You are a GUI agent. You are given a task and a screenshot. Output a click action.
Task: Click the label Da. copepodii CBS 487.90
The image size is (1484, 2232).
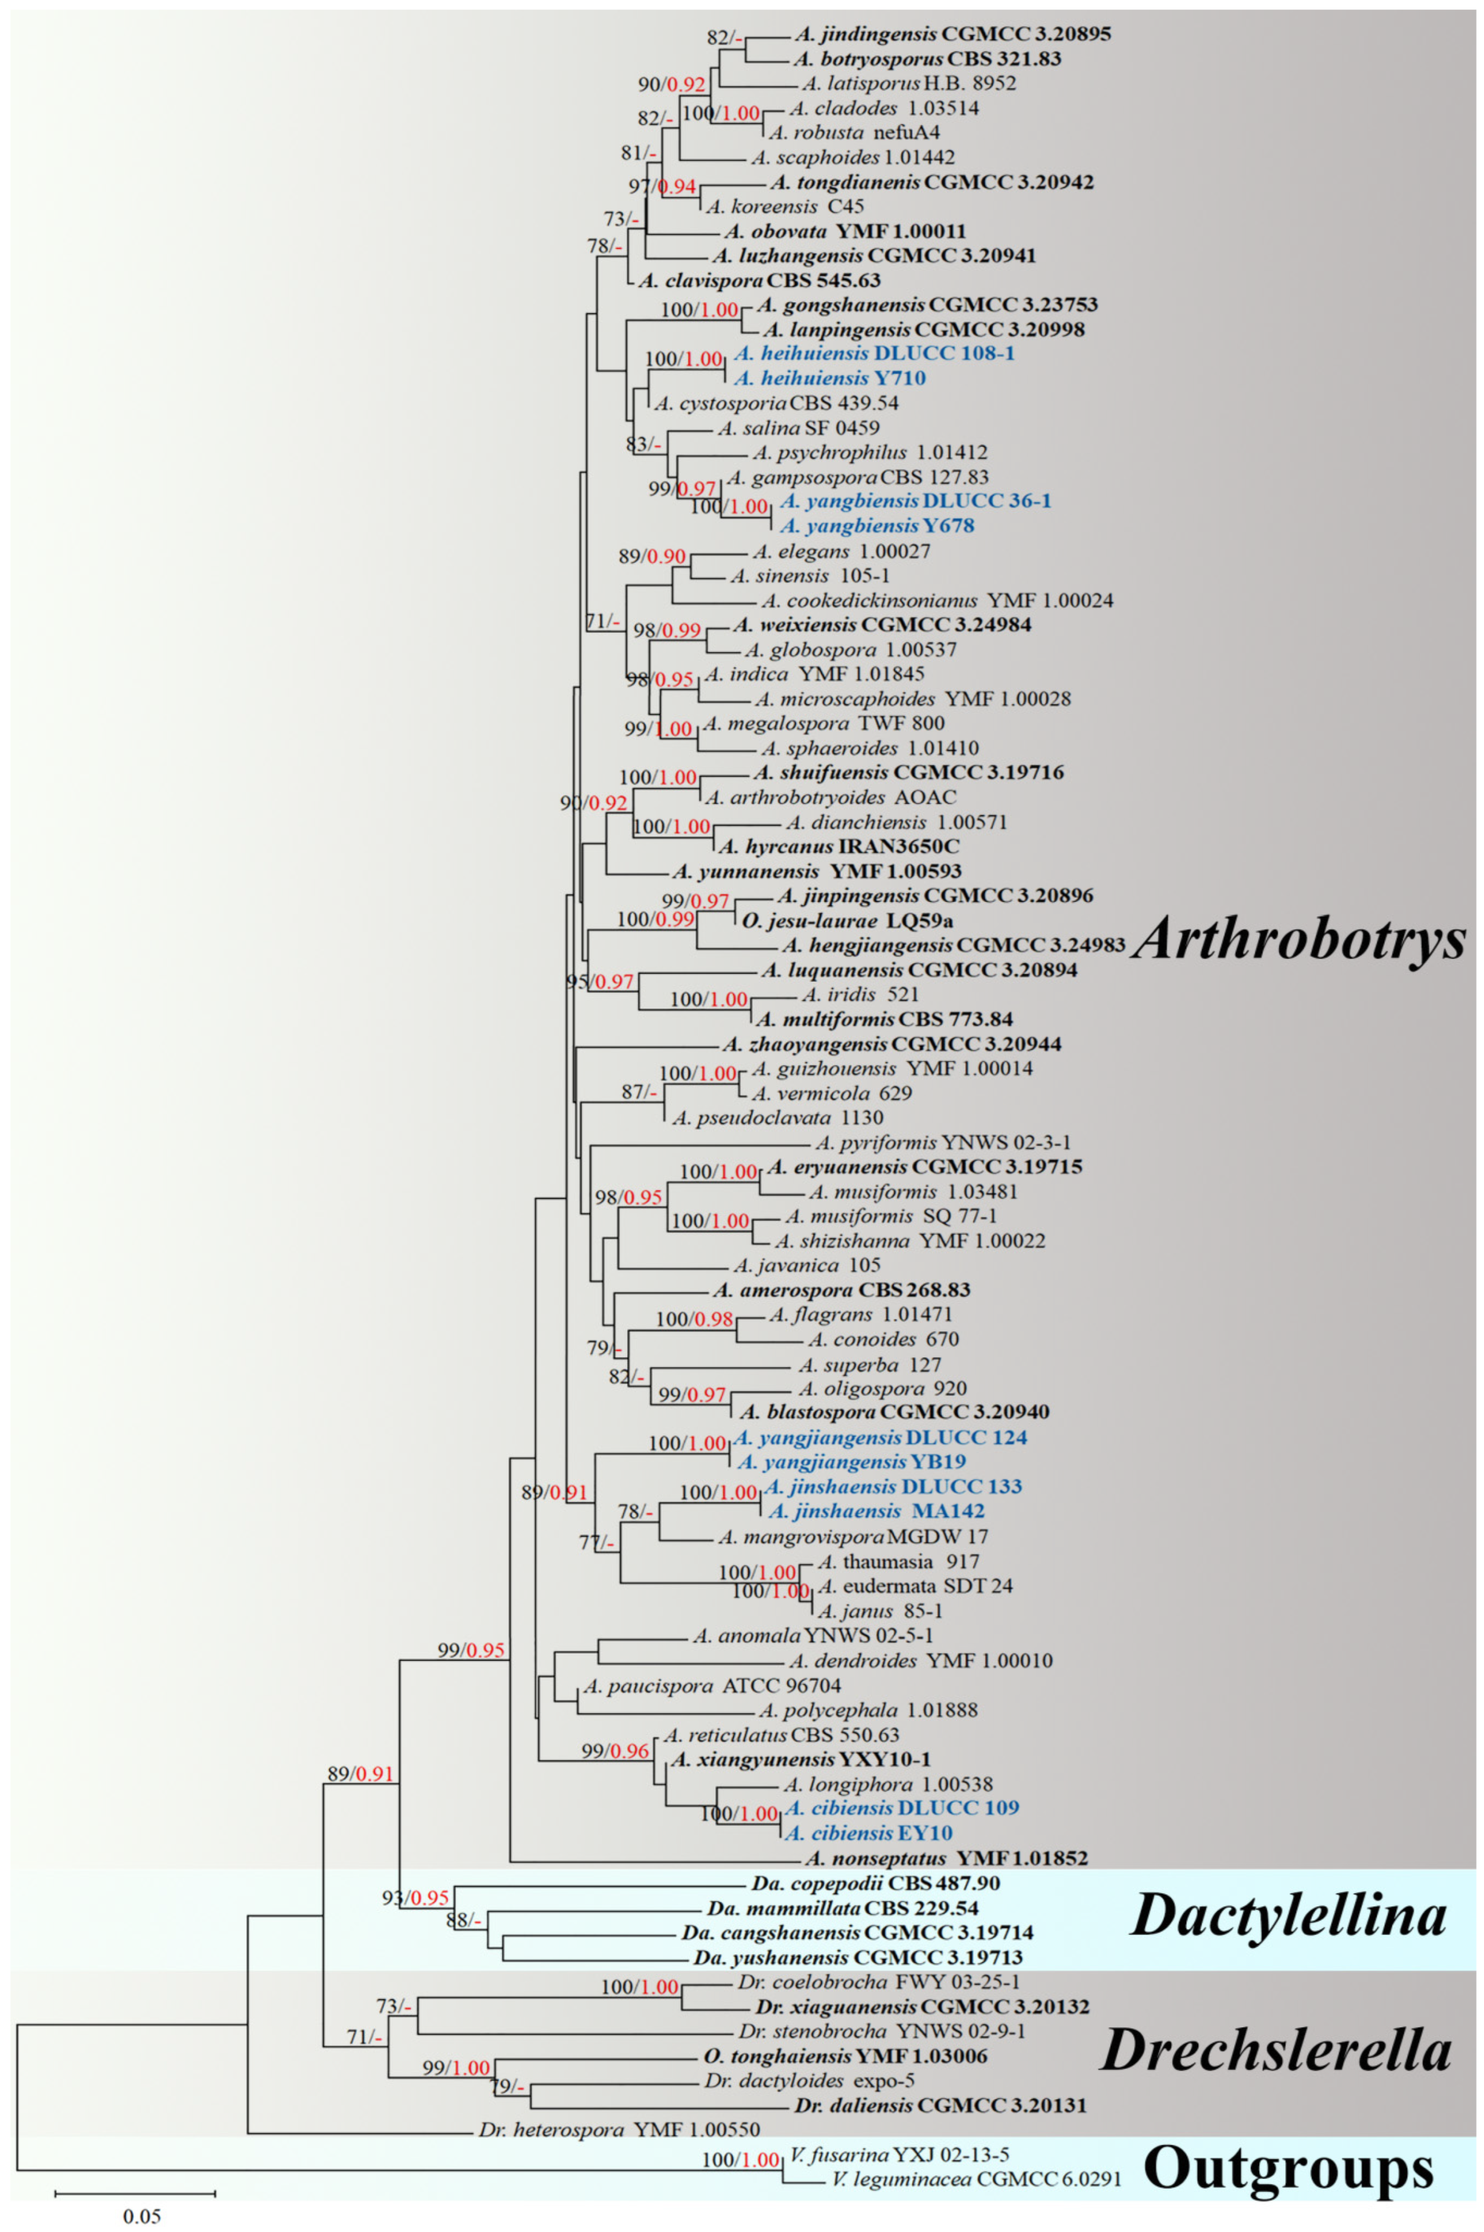pyautogui.click(x=875, y=1884)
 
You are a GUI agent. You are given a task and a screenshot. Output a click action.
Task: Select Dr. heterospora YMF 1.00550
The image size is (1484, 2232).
pyautogui.click(x=619, y=2130)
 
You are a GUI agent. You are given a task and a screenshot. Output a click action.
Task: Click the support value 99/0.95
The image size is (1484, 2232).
pyautogui.click(x=470, y=1651)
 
